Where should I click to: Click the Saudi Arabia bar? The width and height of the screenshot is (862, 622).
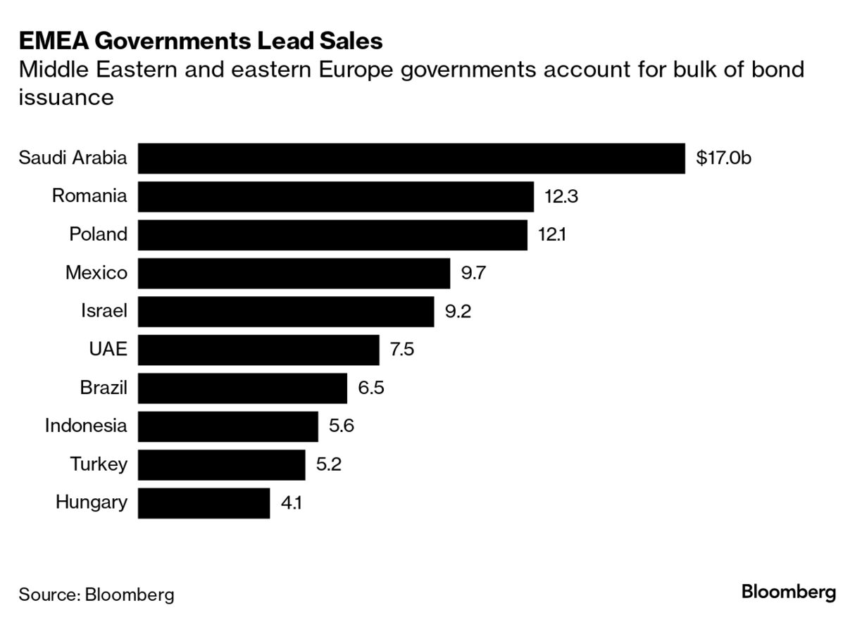(411, 158)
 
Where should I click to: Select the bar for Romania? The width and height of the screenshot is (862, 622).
(335, 196)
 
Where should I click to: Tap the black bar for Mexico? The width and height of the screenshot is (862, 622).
(294, 273)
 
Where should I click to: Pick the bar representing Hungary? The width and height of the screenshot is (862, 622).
(204, 503)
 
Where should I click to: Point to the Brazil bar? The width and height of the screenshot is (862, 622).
(242, 388)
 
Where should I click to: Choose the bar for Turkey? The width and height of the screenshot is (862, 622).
(221, 464)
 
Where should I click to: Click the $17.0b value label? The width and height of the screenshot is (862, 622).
(723, 158)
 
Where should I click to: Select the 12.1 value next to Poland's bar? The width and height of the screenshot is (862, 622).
(551, 234)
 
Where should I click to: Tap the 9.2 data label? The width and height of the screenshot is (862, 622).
(458, 311)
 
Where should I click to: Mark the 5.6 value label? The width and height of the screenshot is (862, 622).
(341, 426)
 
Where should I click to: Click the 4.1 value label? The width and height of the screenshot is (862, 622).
(292, 503)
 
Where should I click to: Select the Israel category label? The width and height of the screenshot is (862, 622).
(104, 311)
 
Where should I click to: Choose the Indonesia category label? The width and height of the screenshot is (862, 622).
(86, 426)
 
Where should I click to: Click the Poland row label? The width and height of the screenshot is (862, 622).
(98, 234)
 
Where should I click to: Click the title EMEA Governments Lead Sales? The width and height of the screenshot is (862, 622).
(201, 41)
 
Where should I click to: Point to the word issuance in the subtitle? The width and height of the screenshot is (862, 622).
(65, 97)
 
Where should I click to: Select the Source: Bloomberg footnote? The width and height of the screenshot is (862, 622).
(96, 595)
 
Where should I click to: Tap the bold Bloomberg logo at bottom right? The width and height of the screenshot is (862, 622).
(789, 592)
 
